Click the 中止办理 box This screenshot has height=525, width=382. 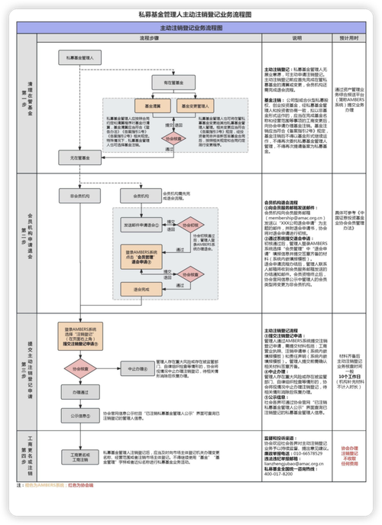[x=137, y=367]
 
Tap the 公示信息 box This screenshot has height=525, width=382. [x=80, y=416]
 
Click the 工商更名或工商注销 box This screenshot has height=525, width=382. [x=80, y=456]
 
